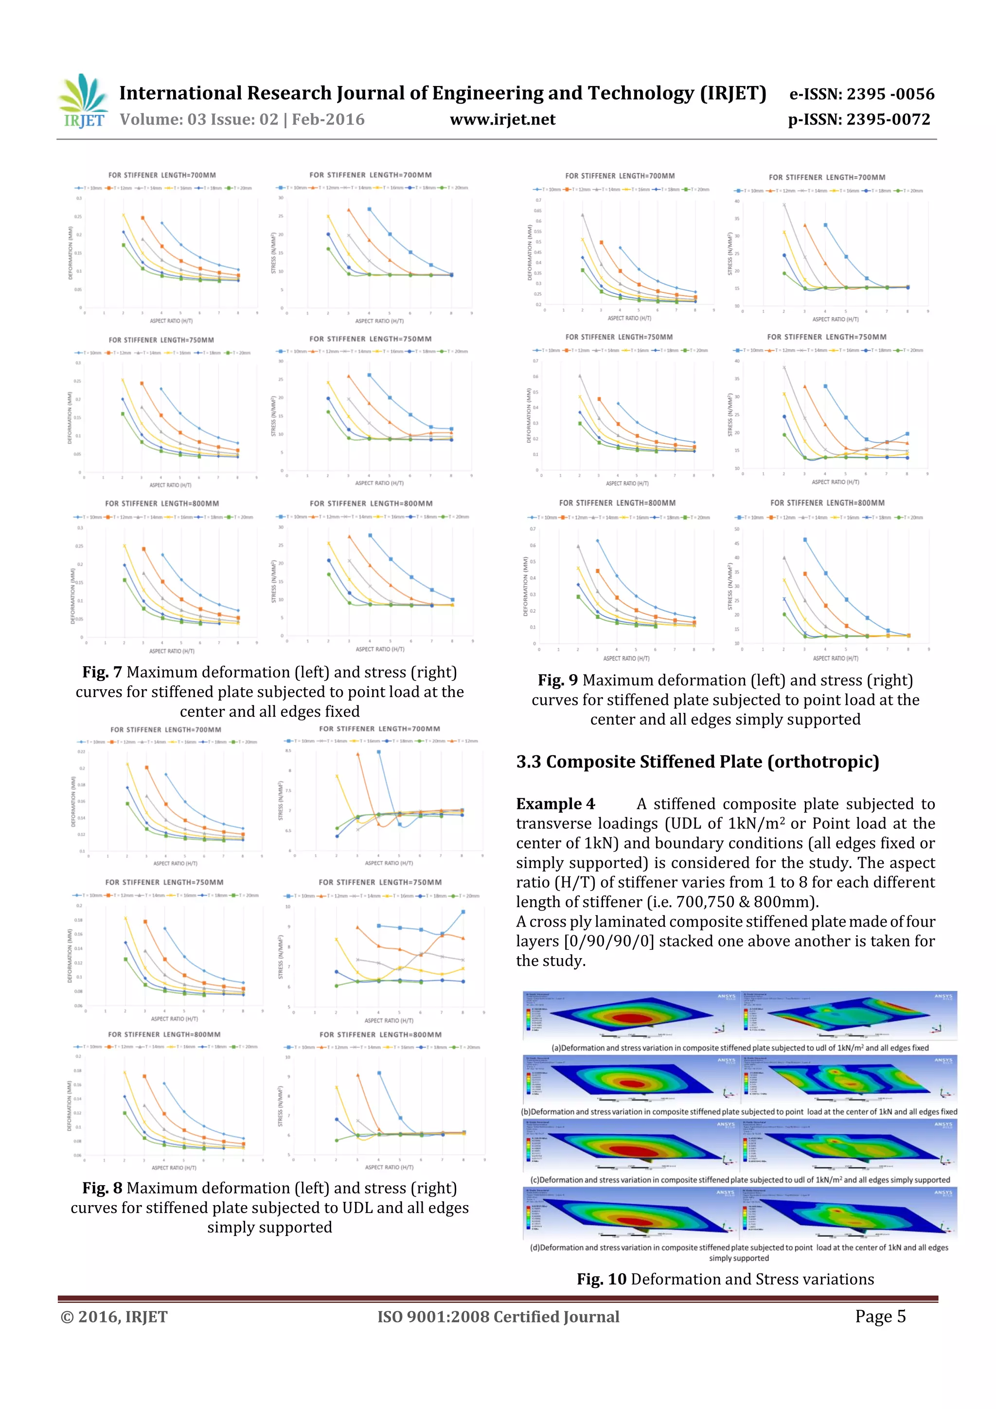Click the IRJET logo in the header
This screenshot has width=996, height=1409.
click(x=82, y=102)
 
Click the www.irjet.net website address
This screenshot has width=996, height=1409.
click(x=502, y=120)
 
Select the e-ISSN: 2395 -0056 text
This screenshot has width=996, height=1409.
click(x=862, y=94)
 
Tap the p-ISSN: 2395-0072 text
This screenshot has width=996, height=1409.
click(x=859, y=120)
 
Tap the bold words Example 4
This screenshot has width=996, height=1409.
click(x=555, y=804)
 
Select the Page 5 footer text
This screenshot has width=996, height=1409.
click(x=880, y=1316)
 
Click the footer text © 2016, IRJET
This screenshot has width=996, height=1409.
click(x=114, y=1317)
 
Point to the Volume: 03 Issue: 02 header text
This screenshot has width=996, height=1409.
click(x=242, y=120)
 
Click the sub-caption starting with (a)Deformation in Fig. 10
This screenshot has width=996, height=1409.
click(x=740, y=1048)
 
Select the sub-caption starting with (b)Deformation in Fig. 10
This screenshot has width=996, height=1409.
click(x=739, y=1112)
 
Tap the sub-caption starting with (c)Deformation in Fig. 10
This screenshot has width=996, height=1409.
click(x=740, y=1180)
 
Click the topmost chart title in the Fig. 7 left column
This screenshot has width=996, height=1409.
click(x=162, y=176)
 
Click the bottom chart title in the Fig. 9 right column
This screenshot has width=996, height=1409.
click(x=827, y=503)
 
